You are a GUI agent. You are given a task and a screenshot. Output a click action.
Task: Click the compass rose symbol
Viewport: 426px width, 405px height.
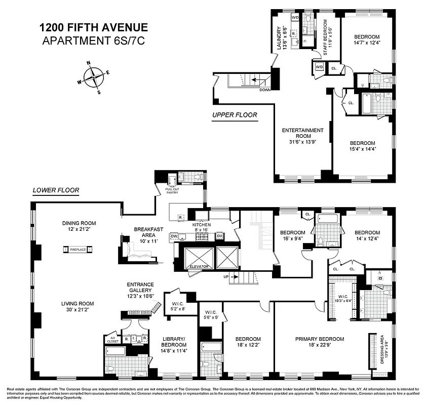point(94,77)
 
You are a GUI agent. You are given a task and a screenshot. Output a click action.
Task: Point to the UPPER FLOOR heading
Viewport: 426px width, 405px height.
point(234,115)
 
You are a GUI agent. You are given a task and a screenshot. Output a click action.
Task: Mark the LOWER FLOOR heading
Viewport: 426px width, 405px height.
point(56,191)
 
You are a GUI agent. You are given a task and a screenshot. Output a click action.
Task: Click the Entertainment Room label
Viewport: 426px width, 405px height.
point(302,133)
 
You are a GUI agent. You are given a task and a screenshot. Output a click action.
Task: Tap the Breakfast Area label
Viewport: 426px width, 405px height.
point(148,232)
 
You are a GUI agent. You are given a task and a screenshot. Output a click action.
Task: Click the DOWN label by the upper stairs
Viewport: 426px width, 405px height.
point(264,90)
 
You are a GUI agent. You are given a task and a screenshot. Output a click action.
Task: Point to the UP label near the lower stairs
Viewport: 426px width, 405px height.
point(227,276)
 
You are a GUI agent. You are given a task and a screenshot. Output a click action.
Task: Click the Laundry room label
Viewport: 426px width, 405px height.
point(279,37)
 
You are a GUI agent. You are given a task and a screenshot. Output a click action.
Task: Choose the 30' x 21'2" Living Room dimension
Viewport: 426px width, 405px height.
point(79,310)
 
